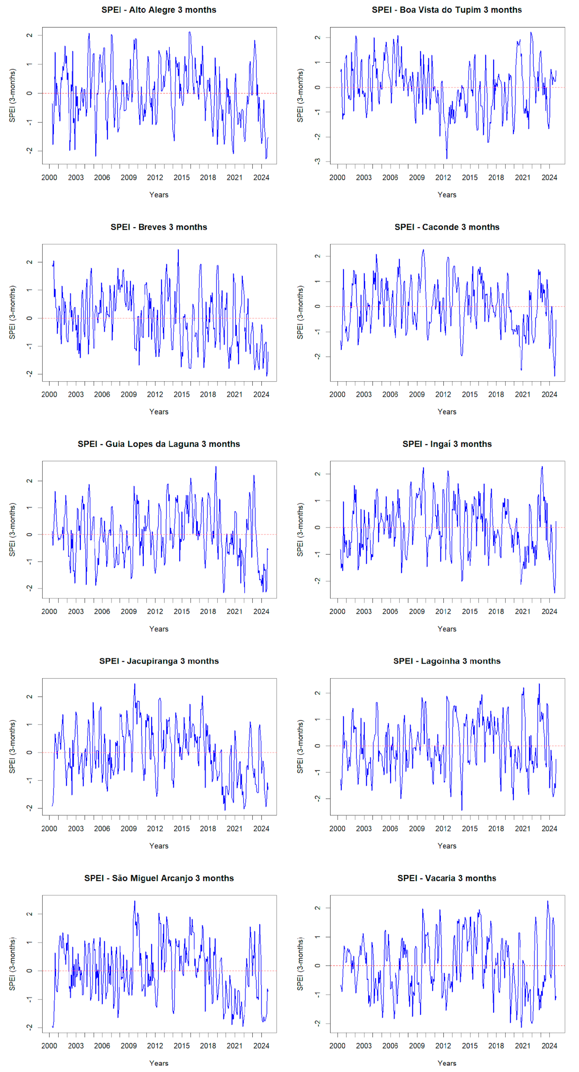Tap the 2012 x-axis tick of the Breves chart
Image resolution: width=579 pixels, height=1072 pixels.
click(x=155, y=394)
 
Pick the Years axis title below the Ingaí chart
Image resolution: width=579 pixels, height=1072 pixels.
click(x=447, y=629)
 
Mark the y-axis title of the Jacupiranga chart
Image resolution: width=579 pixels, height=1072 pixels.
click(x=12, y=747)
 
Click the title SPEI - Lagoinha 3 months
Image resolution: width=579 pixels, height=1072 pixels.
click(x=447, y=661)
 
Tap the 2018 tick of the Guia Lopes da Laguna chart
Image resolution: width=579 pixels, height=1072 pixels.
click(x=208, y=611)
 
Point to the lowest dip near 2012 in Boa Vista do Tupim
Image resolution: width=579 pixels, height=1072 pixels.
click(x=447, y=159)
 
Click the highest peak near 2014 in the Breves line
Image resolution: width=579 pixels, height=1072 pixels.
click(x=178, y=250)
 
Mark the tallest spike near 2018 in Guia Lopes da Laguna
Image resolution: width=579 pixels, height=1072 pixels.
click(x=216, y=467)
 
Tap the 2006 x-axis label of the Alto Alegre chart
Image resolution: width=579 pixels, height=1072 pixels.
click(x=102, y=177)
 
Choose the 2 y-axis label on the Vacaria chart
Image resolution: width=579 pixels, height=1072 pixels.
click(x=318, y=908)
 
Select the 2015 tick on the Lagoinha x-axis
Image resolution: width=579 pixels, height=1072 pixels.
click(x=469, y=829)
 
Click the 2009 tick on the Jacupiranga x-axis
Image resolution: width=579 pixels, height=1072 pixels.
click(x=129, y=829)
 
